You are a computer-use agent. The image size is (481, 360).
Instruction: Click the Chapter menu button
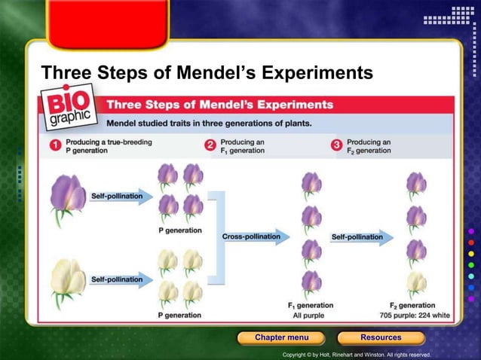tap(281, 337)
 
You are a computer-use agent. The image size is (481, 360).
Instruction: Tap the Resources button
tap(380, 337)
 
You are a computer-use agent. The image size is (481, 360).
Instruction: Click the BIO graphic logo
tap(70, 108)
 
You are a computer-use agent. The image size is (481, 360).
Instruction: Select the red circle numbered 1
tap(55, 145)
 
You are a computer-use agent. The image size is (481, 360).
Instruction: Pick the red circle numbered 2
tap(210, 145)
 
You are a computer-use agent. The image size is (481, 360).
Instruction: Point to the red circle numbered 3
tap(337, 145)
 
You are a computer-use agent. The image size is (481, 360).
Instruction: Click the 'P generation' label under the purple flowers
tap(179, 230)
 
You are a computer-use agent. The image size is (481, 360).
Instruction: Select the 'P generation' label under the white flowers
tap(179, 314)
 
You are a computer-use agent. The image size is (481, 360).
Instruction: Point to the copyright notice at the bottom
tap(356, 354)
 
